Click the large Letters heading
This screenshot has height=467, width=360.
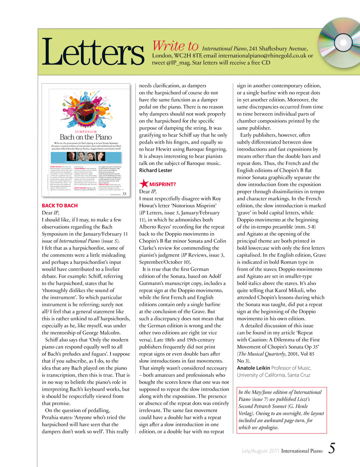[x=93, y=52]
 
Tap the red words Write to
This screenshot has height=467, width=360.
[x=175, y=46]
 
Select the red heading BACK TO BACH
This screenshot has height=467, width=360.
[x=60, y=205]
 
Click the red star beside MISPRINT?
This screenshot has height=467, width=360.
[x=144, y=184]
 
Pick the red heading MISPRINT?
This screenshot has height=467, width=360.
[x=162, y=184]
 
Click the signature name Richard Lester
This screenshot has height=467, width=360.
[x=156, y=170]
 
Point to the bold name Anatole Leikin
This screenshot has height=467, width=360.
[x=253, y=368]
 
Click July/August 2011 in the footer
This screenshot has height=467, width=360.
[x=260, y=451]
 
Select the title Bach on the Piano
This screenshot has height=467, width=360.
[x=86, y=137]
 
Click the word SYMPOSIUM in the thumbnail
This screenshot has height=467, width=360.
[x=86, y=131]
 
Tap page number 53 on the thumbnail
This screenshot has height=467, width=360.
[x=124, y=194]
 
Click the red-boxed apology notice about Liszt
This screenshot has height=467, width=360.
[x=281, y=410]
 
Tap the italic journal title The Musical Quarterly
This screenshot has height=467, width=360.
[x=261, y=354]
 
